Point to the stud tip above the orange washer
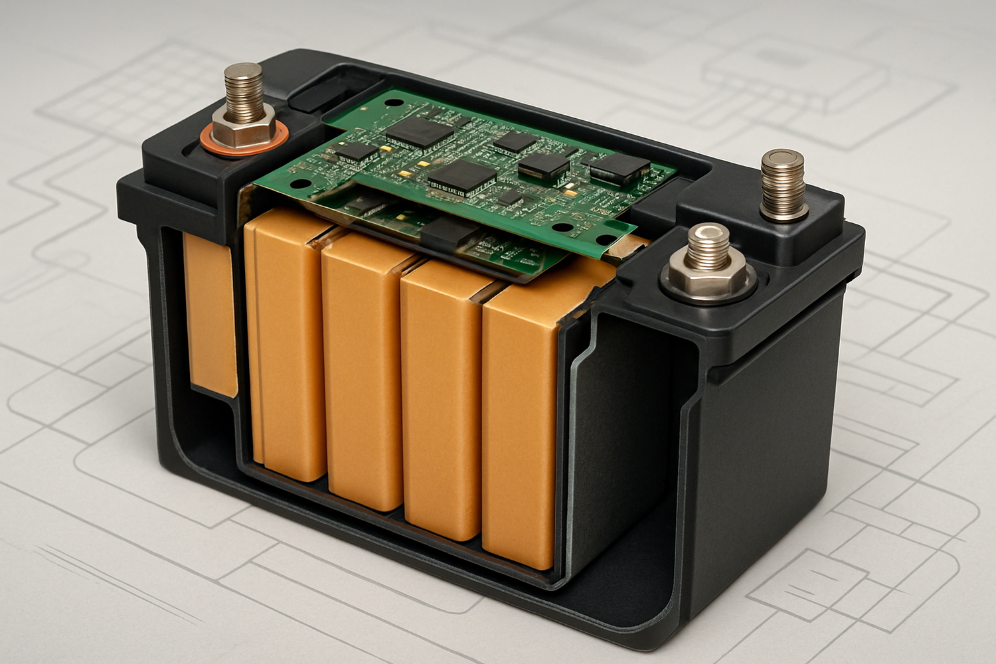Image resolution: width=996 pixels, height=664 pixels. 243,72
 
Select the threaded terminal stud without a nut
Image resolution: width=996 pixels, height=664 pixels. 784,183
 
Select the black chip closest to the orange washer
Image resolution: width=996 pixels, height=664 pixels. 356,151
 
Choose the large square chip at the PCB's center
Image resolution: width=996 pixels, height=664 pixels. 463,177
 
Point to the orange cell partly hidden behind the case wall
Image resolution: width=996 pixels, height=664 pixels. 209,312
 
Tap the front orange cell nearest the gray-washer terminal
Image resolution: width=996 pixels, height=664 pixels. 521,425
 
